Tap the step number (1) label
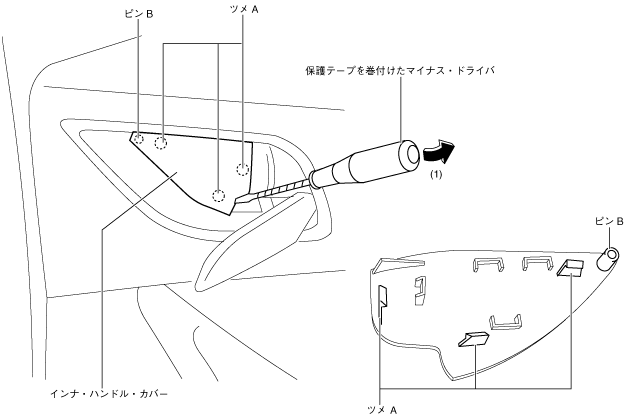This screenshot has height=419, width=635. pyautogui.click(x=436, y=174)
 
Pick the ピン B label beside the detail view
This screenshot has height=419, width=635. pyautogui.click(x=609, y=219)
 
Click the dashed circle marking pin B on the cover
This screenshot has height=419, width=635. pyautogui.click(x=140, y=139)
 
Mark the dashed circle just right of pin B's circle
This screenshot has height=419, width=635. pyautogui.click(x=161, y=143)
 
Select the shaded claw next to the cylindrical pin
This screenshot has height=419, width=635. pyautogui.click(x=572, y=267)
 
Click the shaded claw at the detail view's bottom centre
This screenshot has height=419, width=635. pyautogui.click(x=470, y=339)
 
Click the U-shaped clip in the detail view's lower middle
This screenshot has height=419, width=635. pyautogui.click(x=505, y=322)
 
